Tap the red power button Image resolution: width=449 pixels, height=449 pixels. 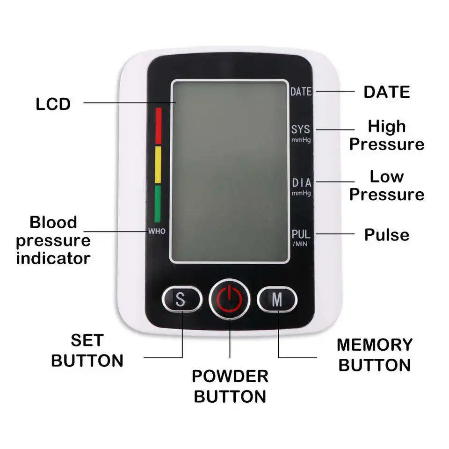coord(229,299)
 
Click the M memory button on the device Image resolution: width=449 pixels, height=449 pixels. coord(277,299)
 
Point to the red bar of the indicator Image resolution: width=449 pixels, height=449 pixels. coord(158,125)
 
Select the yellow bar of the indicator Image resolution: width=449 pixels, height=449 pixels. coord(158,165)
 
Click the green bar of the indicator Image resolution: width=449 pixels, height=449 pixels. coord(158,203)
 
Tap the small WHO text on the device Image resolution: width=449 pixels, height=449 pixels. coord(157,231)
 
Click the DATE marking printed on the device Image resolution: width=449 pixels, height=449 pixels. coord(301,92)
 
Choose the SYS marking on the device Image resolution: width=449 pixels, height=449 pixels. coord(301,129)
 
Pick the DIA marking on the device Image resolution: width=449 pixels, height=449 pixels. coord(301,183)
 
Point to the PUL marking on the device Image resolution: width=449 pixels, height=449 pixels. coord(301,234)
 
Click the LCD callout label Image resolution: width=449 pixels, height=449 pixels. coord(53,104)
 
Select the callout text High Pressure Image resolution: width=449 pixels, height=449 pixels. coord(386,135)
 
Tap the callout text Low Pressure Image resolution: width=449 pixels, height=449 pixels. coord(386,186)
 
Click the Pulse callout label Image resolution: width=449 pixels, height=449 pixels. coord(387,235)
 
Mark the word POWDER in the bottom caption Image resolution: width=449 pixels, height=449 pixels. coord(230,376)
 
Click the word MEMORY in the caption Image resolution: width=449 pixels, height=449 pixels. coord(375,345)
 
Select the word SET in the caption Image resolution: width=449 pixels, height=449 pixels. coord(87,340)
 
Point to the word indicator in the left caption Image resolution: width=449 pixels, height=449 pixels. coord(53,258)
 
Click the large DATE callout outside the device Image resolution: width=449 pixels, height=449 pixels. coord(387,92)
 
